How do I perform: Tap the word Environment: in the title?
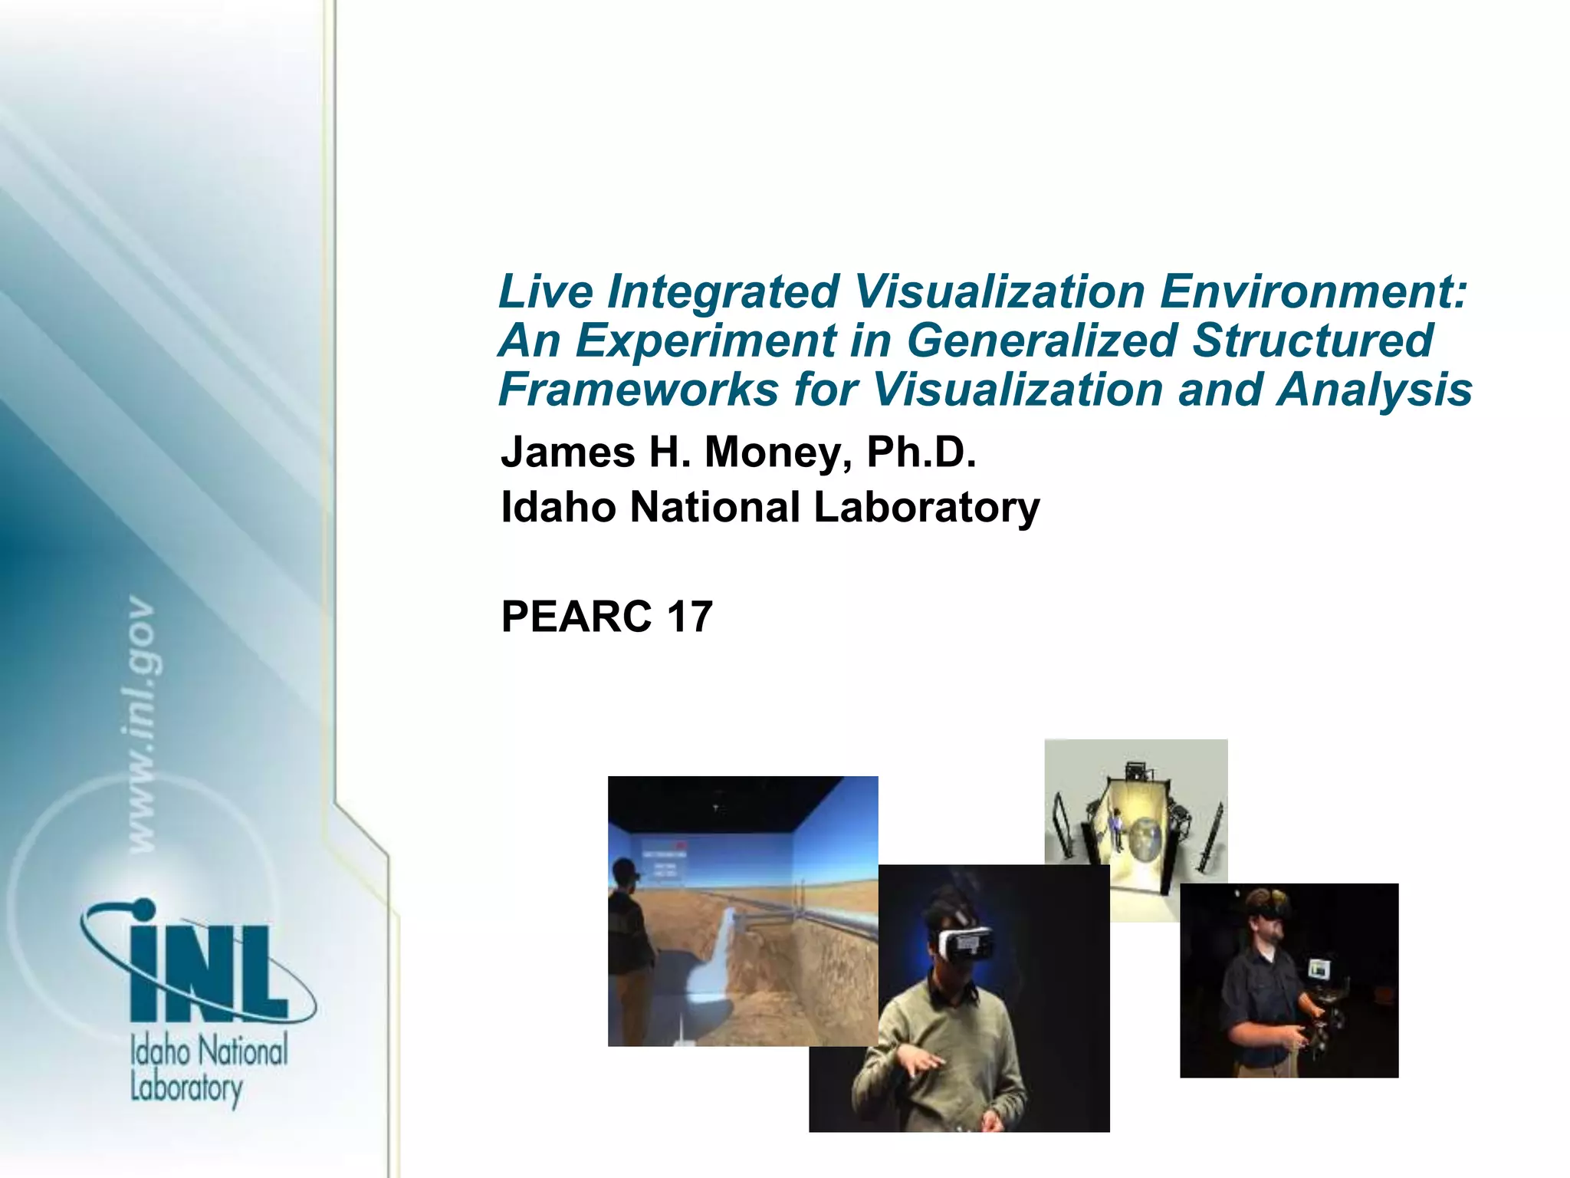[x=1312, y=291]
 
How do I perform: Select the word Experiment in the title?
[x=705, y=341]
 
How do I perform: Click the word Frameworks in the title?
[x=638, y=390]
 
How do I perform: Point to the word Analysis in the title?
[x=1374, y=390]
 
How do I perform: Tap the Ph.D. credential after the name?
[x=921, y=452]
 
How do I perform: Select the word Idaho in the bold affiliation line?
[x=557, y=507]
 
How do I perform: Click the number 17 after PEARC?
[x=689, y=617]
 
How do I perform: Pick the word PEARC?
[x=576, y=617]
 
